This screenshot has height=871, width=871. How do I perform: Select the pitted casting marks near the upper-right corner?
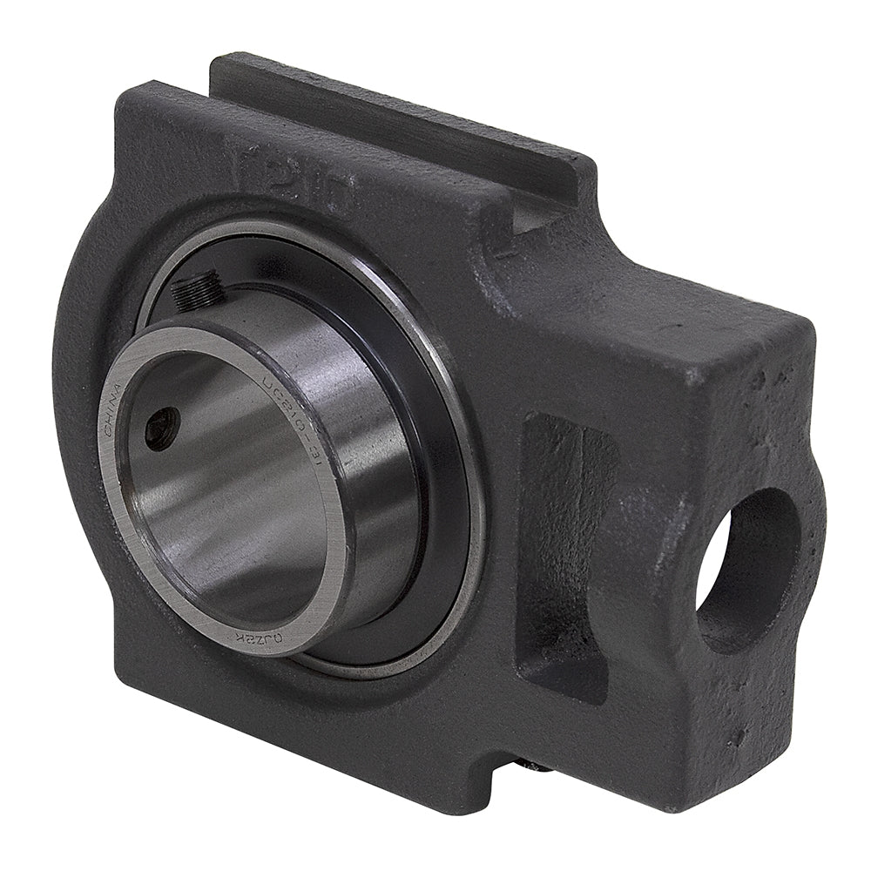pos(766,375)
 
